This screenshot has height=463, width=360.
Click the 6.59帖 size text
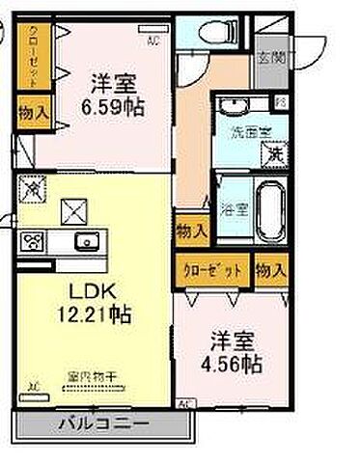pyautogui.click(x=112, y=107)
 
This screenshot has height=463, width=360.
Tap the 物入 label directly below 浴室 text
pyautogui.click(x=190, y=231)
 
